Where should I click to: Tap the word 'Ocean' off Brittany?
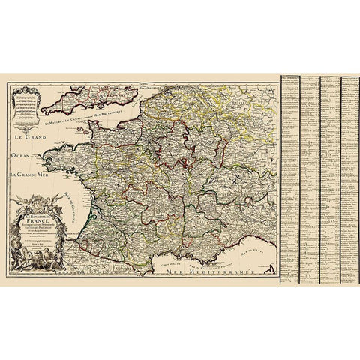tap(21, 158)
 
